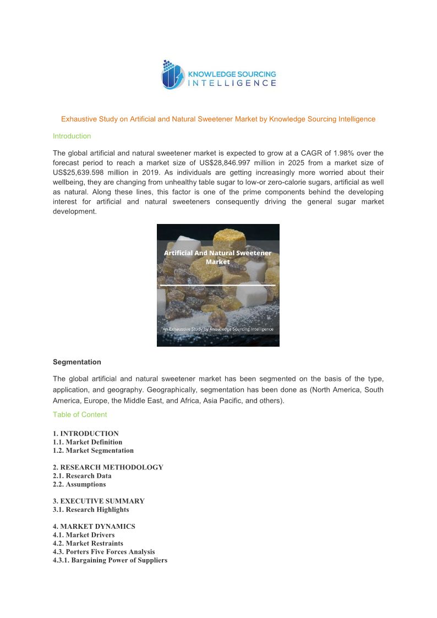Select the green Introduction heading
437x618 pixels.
pyautogui.click(x=72, y=136)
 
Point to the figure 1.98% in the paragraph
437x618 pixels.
pyautogui.click(x=346, y=153)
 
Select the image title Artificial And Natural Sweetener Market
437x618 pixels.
pyautogui.click(x=218, y=257)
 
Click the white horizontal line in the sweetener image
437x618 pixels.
pyautogui.click(x=218, y=285)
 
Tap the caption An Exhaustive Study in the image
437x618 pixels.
pyautogui.click(x=218, y=329)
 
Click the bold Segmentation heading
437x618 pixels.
pyautogui.click(x=77, y=362)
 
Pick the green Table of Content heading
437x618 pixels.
pyautogui.click(x=80, y=414)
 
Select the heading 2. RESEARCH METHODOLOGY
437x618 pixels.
pyautogui.click(x=108, y=467)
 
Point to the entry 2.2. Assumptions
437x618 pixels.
pyautogui.click(x=79, y=484)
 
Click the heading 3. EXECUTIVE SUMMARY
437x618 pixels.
pyautogui.click(x=99, y=501)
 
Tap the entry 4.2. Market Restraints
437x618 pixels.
pyautogui.click(x=88, y=543)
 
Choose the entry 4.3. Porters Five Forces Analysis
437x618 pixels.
pyautogui.click(x=104, y=551)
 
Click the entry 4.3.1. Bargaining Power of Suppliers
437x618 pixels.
pyautogui.click(x=110, y=560)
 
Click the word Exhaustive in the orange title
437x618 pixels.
pyautogui.click(x=78, y=119)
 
